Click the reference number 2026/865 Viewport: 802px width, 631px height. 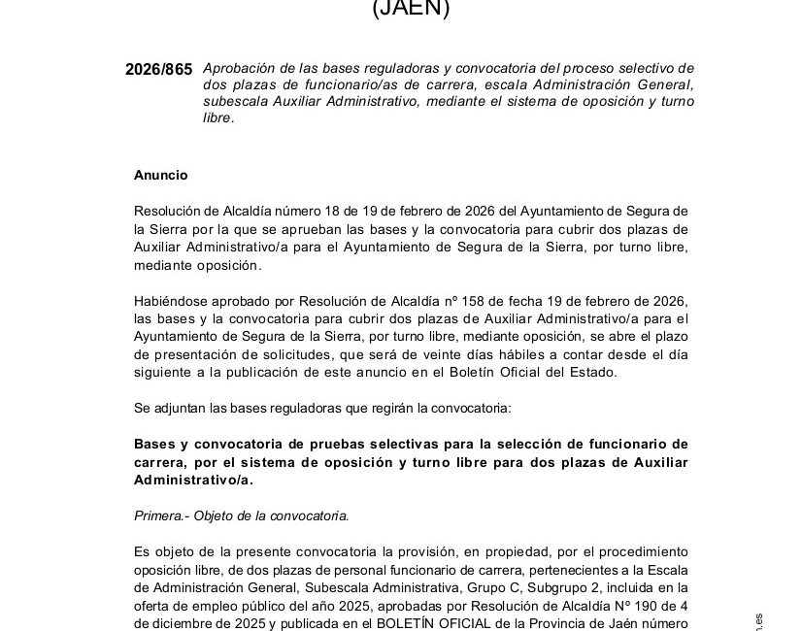point(159,69)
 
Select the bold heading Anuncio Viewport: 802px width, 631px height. point(160,175)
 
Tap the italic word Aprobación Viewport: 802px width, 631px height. point(240,68)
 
